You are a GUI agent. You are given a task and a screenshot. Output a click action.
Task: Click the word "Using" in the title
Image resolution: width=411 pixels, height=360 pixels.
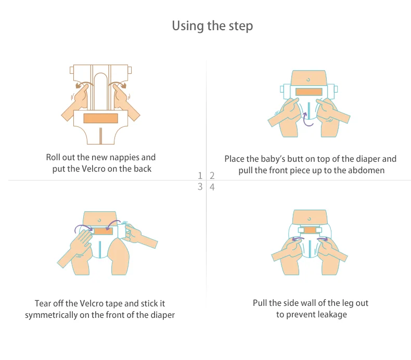point(188,26)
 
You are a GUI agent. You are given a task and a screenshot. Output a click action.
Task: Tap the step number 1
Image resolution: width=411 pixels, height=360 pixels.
point(200,175)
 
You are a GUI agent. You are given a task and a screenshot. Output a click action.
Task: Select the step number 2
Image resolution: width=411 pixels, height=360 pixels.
point(212,175)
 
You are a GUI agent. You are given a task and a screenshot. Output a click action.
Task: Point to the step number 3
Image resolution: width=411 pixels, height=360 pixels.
point(200,187)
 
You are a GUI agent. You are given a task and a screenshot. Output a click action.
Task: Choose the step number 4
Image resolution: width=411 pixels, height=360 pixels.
point(212,187)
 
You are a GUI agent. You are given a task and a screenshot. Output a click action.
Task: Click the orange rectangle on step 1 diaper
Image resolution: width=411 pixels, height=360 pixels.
point(100,118)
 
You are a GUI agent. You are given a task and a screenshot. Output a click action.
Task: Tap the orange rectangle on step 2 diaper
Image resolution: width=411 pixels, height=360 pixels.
point(309,92)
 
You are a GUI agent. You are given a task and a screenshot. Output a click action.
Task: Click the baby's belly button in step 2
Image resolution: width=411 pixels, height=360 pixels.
point(308,80)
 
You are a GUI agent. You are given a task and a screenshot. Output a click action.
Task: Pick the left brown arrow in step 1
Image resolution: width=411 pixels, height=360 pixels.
point(83,84)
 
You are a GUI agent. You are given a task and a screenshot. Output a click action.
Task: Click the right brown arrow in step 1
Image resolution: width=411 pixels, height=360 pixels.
point(118,84)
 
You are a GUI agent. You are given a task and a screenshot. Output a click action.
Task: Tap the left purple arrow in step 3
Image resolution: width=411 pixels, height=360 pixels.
point(83,227)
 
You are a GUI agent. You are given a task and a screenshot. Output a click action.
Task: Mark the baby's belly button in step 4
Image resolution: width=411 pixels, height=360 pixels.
point(310,218)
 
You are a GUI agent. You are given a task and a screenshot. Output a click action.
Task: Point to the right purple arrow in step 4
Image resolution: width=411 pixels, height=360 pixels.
point(323,239)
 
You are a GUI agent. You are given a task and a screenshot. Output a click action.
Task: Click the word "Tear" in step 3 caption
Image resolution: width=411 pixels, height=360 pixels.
point(43,303)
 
